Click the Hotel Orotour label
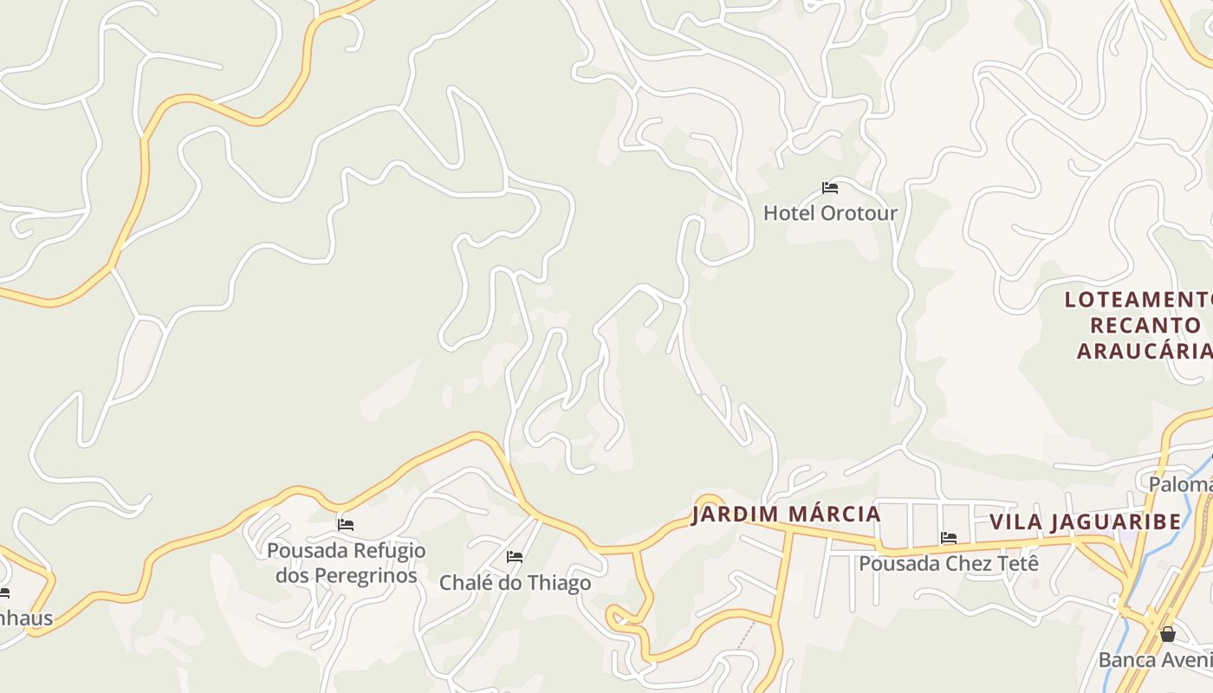click(830, 213)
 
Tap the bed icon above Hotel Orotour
click(830, 188)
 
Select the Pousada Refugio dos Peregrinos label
click(346, 562)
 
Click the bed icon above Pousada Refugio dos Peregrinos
click(346, 525)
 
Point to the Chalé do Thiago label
click(515, 583)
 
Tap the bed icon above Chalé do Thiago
click(515, 557)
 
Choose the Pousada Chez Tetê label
click(948, 564)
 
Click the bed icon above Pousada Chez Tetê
click(949, 538)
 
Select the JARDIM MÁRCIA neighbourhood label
click(786, 515)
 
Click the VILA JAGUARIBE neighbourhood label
click(1086, 521)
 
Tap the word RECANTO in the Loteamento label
click(1145, 326)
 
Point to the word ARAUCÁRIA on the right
click(1144, 351)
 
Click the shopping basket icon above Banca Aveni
click(1168, 634)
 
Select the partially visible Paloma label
click(1180, 484)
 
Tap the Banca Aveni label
click(1155, 660)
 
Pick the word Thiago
click(554, 583)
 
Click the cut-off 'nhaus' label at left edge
click(26, 619)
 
